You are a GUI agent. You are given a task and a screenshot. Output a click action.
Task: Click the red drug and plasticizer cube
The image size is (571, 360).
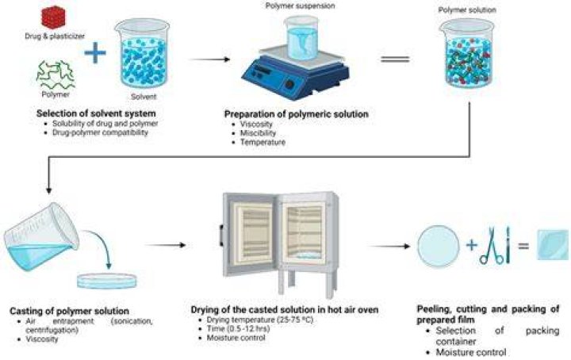[x=54, y=17]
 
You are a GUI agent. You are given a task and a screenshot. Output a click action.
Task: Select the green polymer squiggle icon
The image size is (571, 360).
[x=56, y=75]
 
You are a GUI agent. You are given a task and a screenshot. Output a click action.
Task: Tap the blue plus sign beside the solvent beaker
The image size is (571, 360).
[x=95, y=52]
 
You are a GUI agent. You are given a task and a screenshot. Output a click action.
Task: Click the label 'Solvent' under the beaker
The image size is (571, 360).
[x=144, y=97]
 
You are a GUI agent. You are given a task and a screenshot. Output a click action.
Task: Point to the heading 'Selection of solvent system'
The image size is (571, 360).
[x=96, y=113]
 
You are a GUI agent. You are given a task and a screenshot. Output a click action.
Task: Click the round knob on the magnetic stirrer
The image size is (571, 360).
[x=289, y=84]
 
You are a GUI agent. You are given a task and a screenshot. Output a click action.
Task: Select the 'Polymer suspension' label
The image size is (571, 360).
[x=300, y=6]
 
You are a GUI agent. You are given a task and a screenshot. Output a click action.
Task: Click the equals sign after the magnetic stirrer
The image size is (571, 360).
[x=396, y=59]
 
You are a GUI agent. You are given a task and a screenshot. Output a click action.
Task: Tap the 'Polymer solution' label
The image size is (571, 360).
[x=467, y=10]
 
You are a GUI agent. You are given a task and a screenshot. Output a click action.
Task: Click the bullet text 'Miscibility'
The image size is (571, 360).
[x=259, y=133]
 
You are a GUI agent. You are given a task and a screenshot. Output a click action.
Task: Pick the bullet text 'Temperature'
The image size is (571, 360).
[x=263, y=142]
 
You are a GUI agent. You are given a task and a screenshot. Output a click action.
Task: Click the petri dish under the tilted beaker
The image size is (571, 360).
[x=107, y=281]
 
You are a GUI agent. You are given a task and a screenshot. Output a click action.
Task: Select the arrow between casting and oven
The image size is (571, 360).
[x=166, y=245]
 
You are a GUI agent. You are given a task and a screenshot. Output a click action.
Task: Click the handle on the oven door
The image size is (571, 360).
[x=221, y=236]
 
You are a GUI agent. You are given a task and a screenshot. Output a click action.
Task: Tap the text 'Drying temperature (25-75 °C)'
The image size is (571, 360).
[x=260, y=320]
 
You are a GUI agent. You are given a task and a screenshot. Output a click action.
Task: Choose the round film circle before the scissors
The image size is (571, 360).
[x=438, y=247]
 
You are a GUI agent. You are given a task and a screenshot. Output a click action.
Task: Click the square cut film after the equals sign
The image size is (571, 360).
[x=554, y=245]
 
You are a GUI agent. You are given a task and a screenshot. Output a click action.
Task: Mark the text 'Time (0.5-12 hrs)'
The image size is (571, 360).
[x=239, y=329]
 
